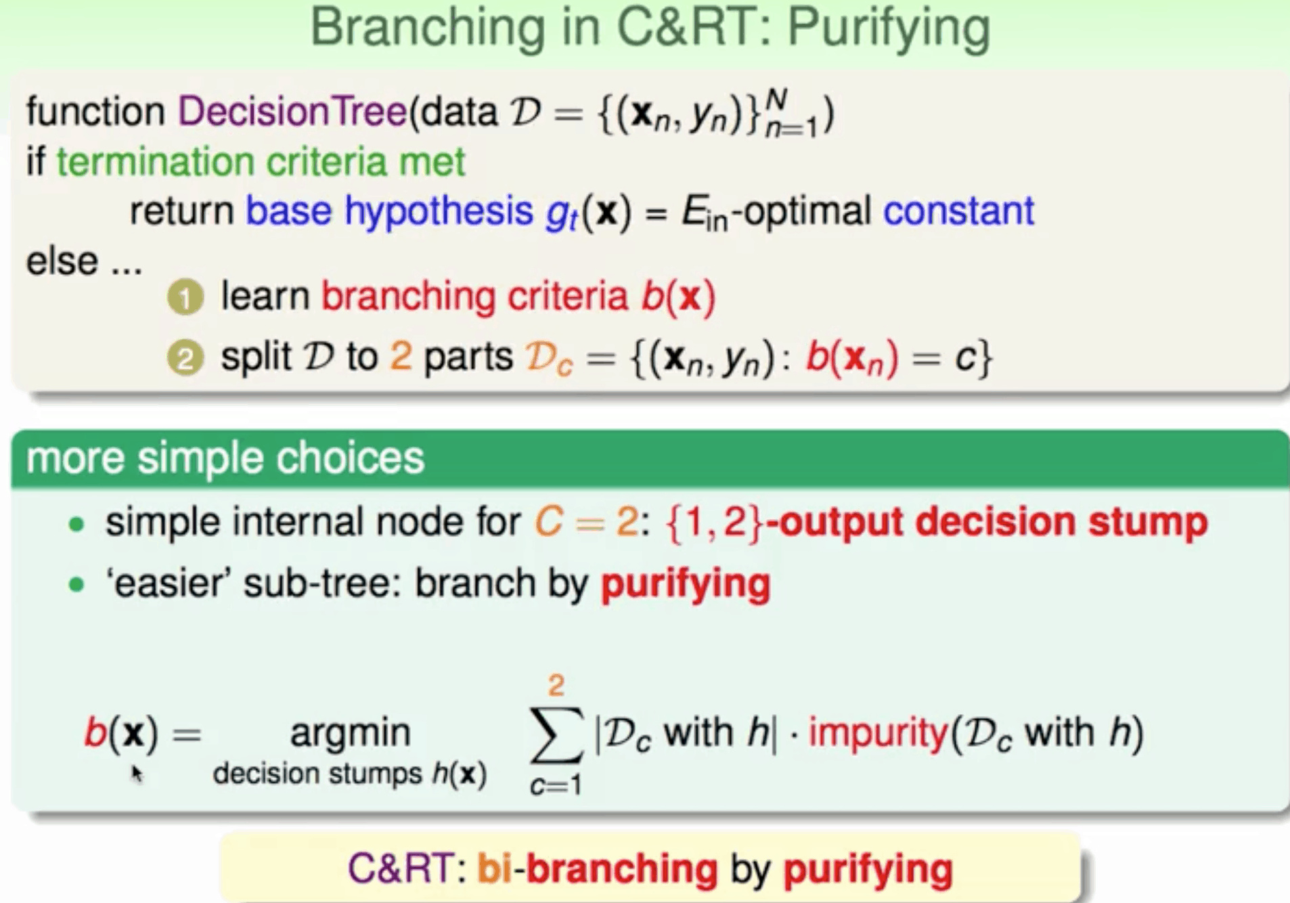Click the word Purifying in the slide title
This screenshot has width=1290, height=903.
(889, 29)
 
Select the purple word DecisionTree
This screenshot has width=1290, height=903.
(292, 111)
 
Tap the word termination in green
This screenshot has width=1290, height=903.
(155, 162)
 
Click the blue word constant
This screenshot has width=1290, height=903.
(958, 211)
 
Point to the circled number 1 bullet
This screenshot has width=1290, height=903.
(185, 298)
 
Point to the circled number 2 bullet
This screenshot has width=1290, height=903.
(185, 358)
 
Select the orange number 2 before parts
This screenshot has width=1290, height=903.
(401, 357)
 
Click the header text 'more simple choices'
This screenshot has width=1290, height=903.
(225, 458)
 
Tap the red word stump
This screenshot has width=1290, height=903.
(1148, 522)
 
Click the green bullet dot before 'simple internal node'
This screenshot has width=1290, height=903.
(76, 524)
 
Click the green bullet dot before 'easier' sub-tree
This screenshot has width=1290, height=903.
(76, 584)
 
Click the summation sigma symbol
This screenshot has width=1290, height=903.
(556, 734)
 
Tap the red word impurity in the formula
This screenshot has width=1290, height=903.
(878, 734)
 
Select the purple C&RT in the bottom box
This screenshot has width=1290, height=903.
(401, 868)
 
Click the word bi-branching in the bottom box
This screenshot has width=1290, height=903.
(598, 868)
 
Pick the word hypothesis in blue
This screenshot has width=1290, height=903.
(439, 212)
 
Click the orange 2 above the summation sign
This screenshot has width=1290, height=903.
(556, 686)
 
